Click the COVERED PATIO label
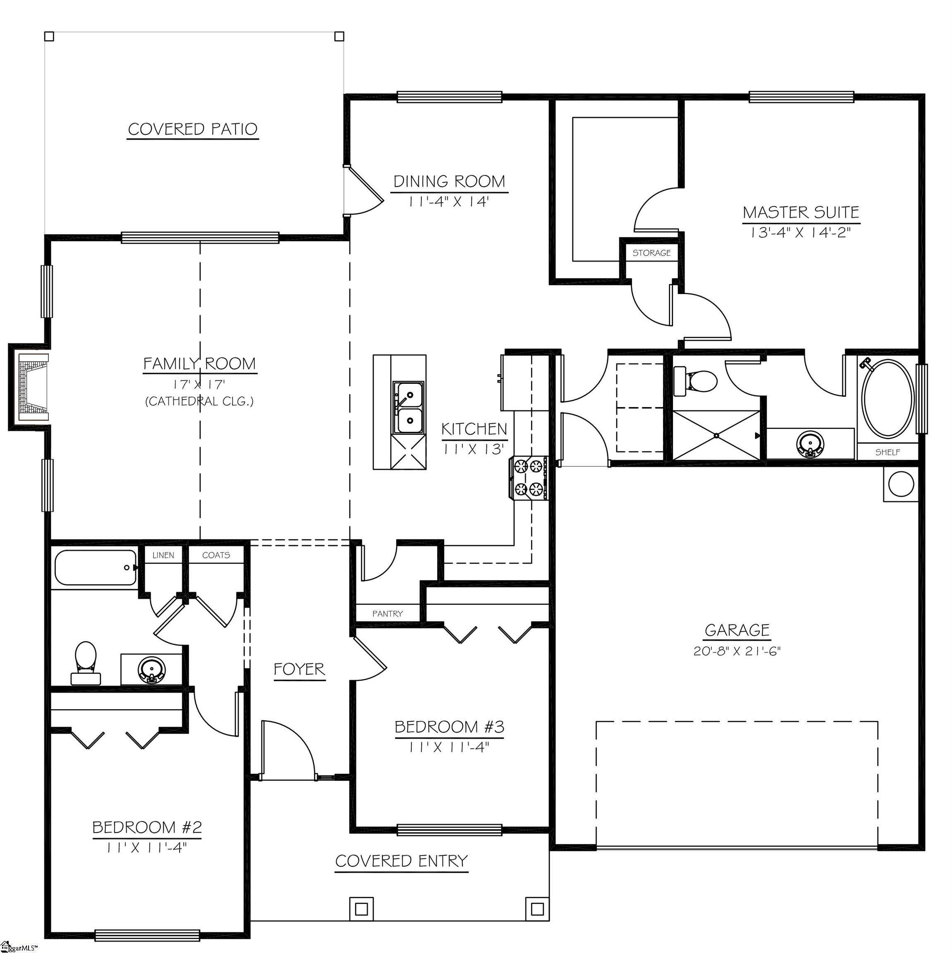[192, 129]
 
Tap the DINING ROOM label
[449, 182]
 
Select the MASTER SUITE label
[801, 213]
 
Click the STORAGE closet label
[651, 253]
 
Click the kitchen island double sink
[408, 408]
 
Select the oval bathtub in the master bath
[887, 398]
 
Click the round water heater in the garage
[901, 484]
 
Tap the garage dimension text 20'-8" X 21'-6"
[737, 651]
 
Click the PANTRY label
[387, 614]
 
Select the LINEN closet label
[163, 556]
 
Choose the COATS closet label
[216, 556]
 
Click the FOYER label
[299, 669]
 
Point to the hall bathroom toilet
[86, 663]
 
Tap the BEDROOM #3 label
[449, 727]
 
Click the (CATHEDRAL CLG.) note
[200, 402]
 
